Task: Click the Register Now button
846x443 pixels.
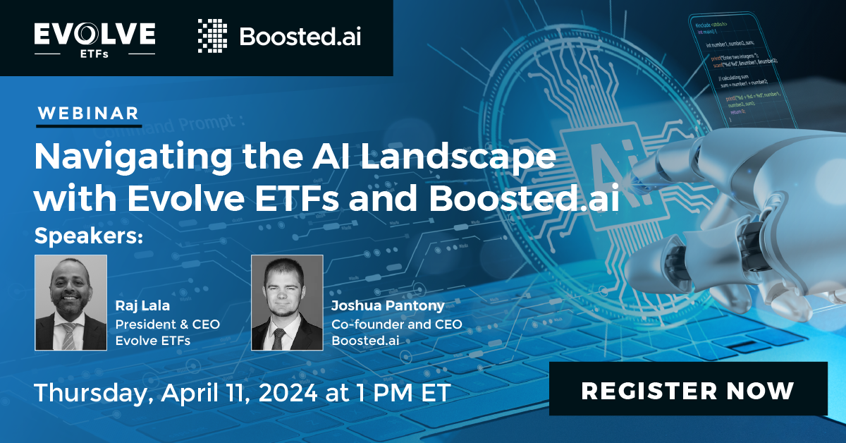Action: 688,389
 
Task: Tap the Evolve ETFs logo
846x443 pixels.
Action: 94,38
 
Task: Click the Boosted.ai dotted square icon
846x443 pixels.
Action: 212,37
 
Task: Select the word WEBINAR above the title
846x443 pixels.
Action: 88,113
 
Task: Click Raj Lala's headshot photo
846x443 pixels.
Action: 70,303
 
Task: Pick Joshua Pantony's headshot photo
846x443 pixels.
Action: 287,303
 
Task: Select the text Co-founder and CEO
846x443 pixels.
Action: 397,324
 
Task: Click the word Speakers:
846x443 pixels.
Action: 88,236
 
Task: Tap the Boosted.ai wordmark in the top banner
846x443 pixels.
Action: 300,37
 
